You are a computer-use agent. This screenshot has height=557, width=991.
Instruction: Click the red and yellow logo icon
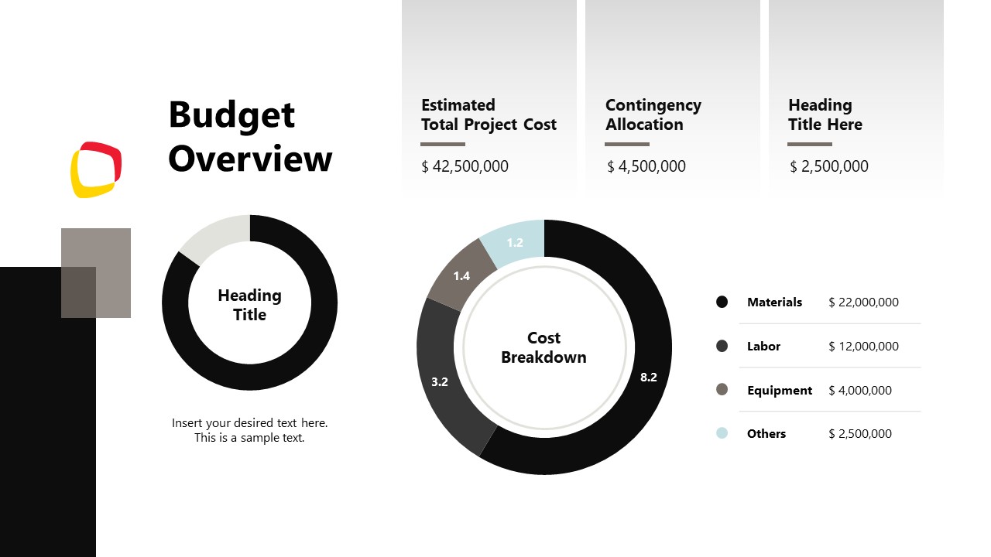point(96,169)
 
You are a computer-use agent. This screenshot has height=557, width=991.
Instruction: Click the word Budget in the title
point(231,115)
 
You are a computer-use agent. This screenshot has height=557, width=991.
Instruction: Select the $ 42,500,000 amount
point(465,166)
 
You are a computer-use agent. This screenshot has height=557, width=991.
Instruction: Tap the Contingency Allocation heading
point(653,114)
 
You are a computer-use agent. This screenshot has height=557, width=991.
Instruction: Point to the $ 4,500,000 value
point(646,166)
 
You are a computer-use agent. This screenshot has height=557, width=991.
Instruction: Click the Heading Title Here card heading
point(825,114)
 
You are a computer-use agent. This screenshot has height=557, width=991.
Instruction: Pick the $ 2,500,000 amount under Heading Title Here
point(829,166)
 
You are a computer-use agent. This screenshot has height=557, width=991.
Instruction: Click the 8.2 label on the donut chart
point(648,378)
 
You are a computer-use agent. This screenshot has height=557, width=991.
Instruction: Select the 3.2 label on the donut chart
point(440,381)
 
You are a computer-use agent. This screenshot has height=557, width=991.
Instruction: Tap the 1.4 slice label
point(461,276)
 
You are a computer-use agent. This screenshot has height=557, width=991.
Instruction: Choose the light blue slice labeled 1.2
point(515,243)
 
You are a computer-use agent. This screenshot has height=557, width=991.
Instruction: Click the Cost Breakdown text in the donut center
point(544,347)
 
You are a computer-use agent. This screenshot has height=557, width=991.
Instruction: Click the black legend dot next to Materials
point(722,302)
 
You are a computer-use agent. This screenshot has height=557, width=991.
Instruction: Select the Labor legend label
point(763,347)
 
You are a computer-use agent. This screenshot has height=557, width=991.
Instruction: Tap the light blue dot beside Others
point(722,433)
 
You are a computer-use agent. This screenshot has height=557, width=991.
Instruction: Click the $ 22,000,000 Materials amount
point(863,302)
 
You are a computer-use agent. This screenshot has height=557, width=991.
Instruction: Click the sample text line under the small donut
point(249,431)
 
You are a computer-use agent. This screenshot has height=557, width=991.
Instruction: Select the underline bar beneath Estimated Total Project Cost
point(443,144)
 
